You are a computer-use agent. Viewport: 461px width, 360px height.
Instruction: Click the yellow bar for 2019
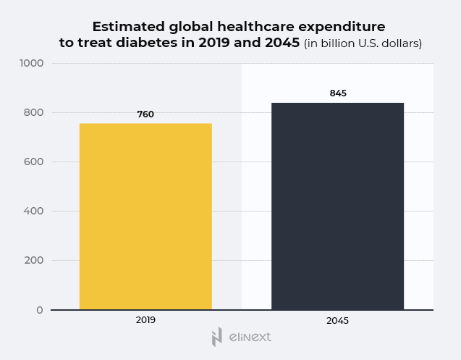click(145, 217)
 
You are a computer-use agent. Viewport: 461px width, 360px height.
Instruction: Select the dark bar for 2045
click(337, 206)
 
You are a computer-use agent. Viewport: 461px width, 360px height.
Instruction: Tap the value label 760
click(145, 114)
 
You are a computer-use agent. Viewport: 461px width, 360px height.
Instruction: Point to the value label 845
click(338, 93)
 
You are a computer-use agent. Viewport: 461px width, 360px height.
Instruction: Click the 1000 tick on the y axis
click(31, 63)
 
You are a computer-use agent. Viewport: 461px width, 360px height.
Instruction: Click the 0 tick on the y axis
click(40, 310)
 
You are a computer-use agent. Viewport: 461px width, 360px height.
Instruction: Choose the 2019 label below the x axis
click(145, 319)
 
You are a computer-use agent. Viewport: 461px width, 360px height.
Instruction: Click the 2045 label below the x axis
click(337, 319)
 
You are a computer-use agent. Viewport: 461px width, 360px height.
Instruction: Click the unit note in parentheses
click(363, 43)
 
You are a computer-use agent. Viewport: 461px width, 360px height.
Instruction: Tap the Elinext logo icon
click(216, 337)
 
